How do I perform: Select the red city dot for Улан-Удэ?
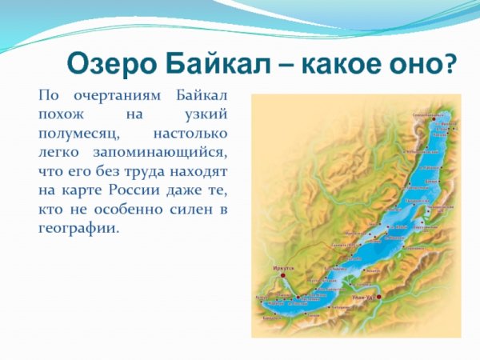pyautogui.click(x=379, y=297)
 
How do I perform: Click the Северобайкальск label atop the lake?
pyautogui.click(x=428, y=115)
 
